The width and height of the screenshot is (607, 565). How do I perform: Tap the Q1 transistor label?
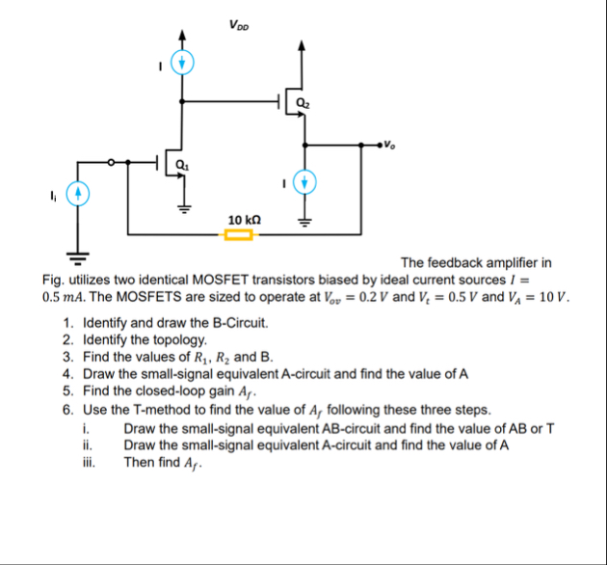pos(179,164)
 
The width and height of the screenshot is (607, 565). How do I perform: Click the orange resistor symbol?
pos(239,233)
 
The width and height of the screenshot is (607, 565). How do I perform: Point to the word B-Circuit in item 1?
pos(235,324)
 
